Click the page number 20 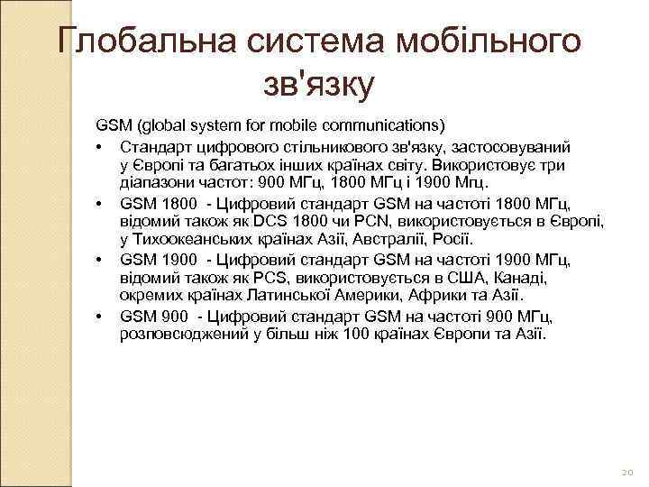coord(627,471)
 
